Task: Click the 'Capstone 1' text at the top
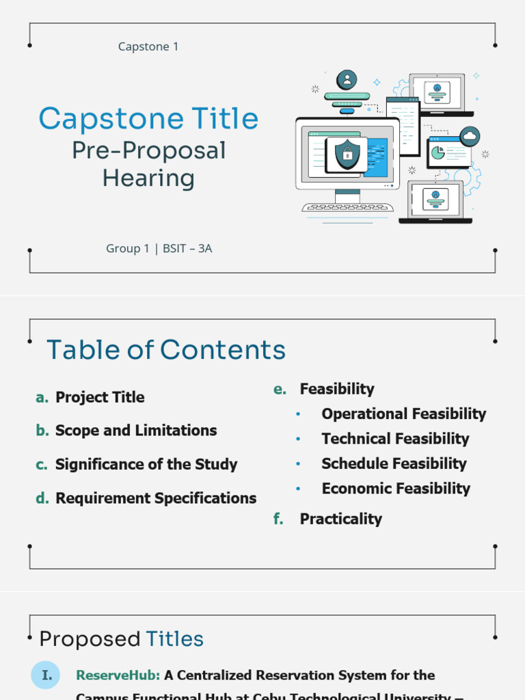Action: pyautogui.click(x=148, y=46)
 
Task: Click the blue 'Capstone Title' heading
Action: pyautogui.click(x=148, y=119)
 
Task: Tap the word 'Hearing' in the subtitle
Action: pyautogui.click(x=148, y=178)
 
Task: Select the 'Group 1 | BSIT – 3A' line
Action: pyautogui.click(x=159, y=248)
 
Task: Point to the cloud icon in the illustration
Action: pyautogui.click(x=470, y=137)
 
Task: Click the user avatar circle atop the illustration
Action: pyautogui.click(x=347, y=79)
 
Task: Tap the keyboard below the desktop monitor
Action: pyautogui.click(x=347, y=207)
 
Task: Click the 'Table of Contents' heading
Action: pyautogui.click(x=166, y=350)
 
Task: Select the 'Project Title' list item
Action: pyautogui.click(x=100, y=397)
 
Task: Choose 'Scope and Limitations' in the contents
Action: pyautogui.click(x=136, y=431)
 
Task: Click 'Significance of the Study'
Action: pyautogui.click(x=146, y=464)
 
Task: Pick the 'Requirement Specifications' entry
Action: pyautogui.click(x=156, y=498)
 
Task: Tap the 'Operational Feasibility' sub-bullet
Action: pyautogui.click(x=403, y=414)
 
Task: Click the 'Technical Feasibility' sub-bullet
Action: pyautogui.click(x=395, y=439)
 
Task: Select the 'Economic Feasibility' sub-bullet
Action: pyautogui.click(x=396, y=489)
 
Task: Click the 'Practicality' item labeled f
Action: pyautogui.click(x=340, y=519)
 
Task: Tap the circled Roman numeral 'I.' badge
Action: pyautogui.click(x=46, y=675)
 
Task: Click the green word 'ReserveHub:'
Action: pyautogui.click(x=118, y=675)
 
